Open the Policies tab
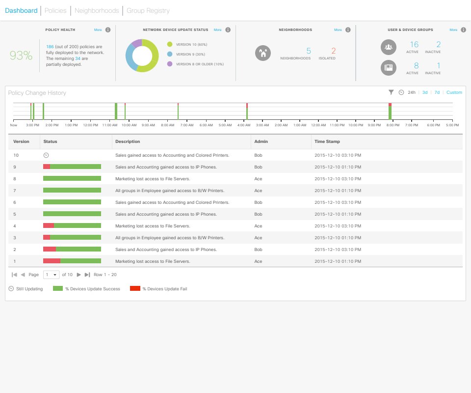tap(55, 10)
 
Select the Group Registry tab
tap(148, 10)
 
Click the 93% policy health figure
tap(21, 56)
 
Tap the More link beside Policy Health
tap(98, 30)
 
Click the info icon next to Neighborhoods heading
tap(348, 30)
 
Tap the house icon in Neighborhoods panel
tap(263, 53)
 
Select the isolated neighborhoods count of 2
tap(334, 51)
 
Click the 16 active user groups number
tap(414, 45)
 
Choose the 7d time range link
tap(437, 92)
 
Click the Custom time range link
tap(454, 92)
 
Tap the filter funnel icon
tap(391, 92)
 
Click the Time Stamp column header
tap(327, 141)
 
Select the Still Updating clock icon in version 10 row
tap(46, 155)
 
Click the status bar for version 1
tap(72, 261)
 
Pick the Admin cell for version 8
tap(258, 179)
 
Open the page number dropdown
tap(51, 275)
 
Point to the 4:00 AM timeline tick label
tap(244, 125)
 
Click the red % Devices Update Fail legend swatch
tap(135, 289)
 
